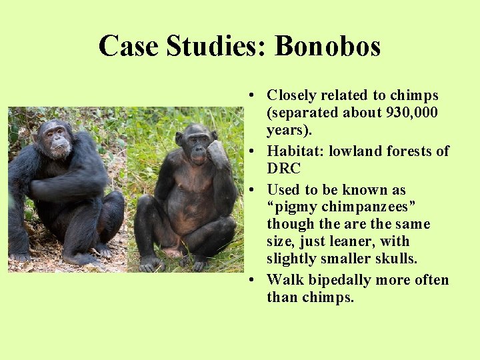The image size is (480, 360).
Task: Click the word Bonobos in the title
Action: (x=327, y=46)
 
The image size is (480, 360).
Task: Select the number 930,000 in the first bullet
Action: (x=412, y=113)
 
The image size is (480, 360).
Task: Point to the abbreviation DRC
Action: (x=284, y=169)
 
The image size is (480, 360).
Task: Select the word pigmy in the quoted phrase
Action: (x=293, y=207)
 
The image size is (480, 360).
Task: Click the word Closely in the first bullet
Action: (x=290, y=95)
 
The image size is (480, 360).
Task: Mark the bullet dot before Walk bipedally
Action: (x=256, y=280)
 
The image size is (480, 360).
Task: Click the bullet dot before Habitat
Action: (x=256, y=151)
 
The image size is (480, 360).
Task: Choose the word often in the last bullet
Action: (x=431, y=280)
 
